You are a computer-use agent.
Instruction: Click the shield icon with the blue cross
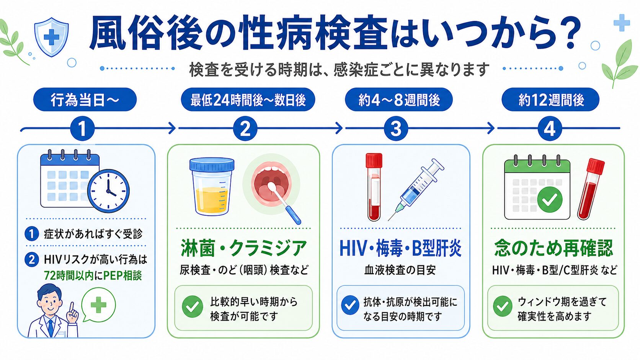(51, 37)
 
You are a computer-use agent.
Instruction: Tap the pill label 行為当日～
(85, 99)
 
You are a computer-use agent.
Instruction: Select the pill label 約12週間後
(550, 99)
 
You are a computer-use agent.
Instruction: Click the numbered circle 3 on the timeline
(396, 129)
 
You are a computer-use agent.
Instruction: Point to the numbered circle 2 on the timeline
(245, 129)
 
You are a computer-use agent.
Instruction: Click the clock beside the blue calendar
(108, 191)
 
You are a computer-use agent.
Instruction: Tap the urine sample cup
(212, 187)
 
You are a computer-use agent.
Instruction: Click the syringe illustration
(416, 189)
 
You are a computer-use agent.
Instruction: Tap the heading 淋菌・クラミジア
(243, 248)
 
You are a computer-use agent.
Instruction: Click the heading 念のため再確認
(554, 248)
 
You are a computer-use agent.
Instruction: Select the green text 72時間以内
(69, 276)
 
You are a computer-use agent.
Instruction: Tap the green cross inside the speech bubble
(99, 305)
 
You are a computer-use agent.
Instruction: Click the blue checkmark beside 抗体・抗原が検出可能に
(350, 305)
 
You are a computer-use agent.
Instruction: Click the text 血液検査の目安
(400, 270)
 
